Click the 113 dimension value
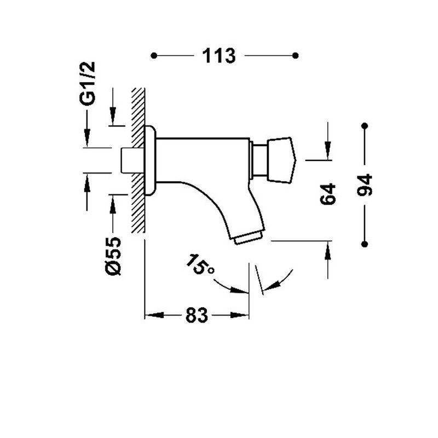point(218,56)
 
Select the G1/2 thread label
point(88,84)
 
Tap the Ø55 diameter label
point(114,256)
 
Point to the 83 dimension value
point(197,315)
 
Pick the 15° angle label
point(200,264)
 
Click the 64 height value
point(327,194)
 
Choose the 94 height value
point(365,185)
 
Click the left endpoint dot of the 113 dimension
point(154,56)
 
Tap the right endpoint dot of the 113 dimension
point(296,56)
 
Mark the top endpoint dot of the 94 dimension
point(365,126)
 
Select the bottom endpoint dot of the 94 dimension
point(365,244)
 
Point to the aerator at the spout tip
point(248,238)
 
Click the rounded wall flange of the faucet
point(150,160)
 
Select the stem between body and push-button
point(259,160)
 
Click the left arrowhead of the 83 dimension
point(154,315)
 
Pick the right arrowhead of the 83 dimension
point(239,315)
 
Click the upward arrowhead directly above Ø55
point(113,204)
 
